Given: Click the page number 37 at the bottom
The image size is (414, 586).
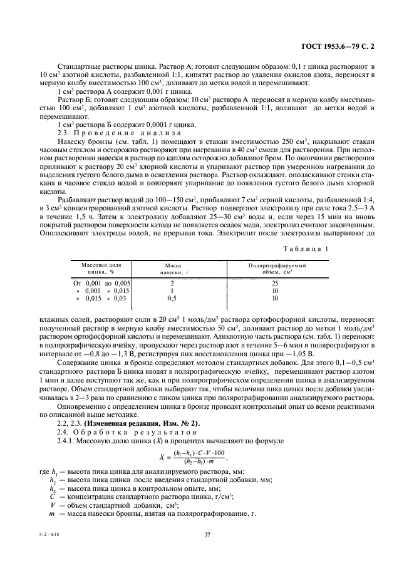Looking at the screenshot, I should pyautogui.click(x=207, y=534).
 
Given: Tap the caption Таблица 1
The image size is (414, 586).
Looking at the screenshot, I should pyautogui.click(x=309, y=249).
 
